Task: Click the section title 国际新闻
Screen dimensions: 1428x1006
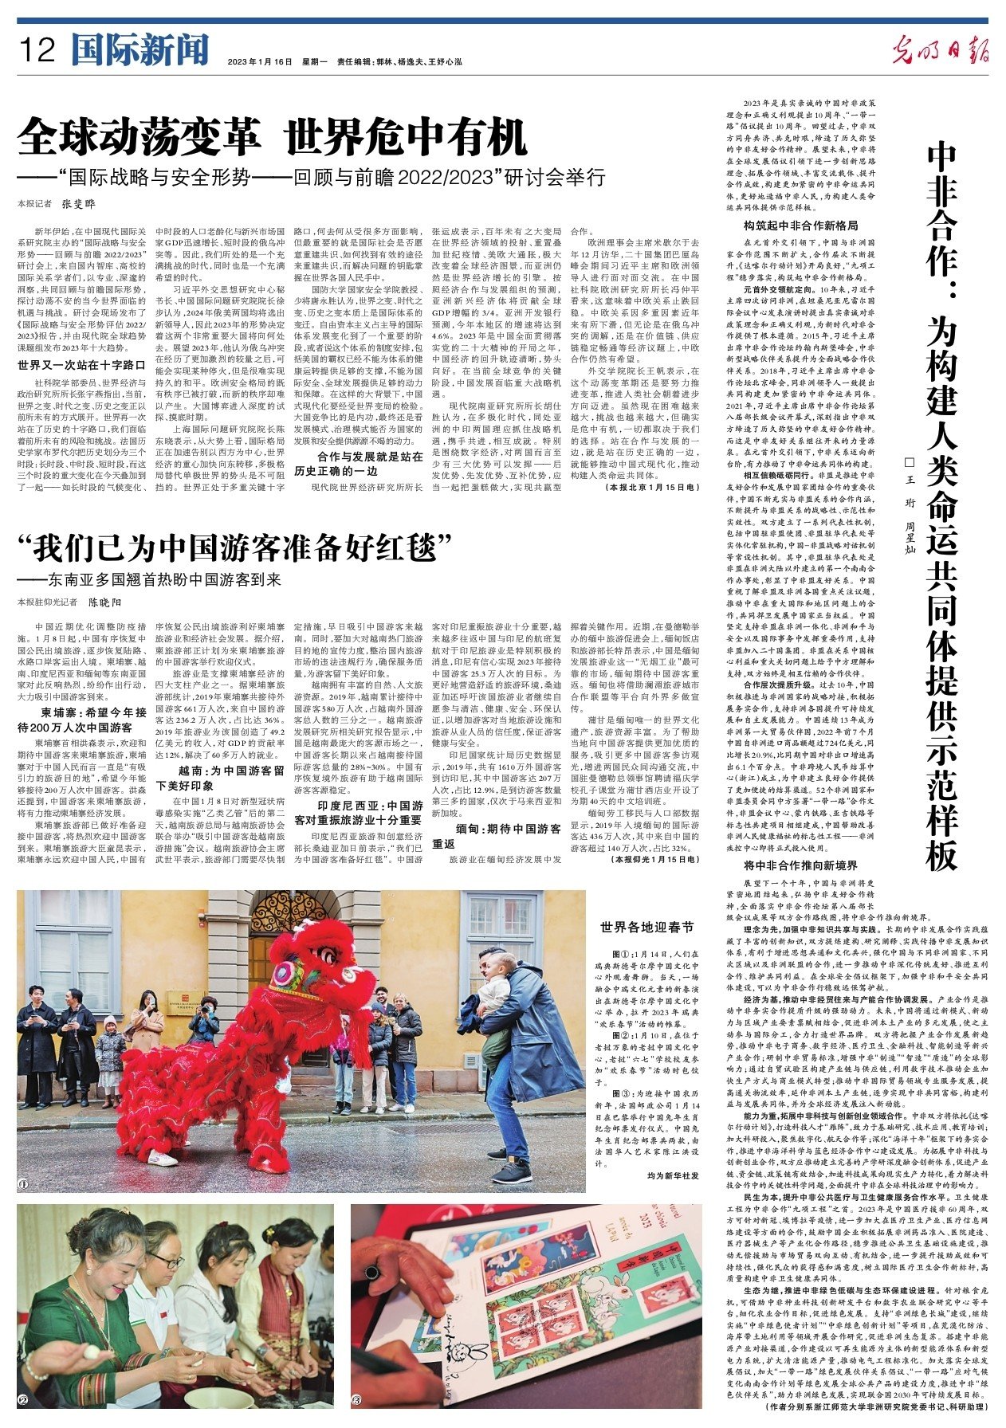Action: (139, 50)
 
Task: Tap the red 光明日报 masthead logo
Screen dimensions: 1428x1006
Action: (940, 53)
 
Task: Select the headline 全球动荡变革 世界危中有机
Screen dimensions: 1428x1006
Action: (272, 137)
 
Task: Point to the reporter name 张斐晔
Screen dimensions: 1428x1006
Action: (79, 204)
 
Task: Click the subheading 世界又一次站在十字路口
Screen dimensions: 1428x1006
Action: (81, 366)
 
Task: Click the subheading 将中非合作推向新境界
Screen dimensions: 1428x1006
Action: (789, 865)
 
